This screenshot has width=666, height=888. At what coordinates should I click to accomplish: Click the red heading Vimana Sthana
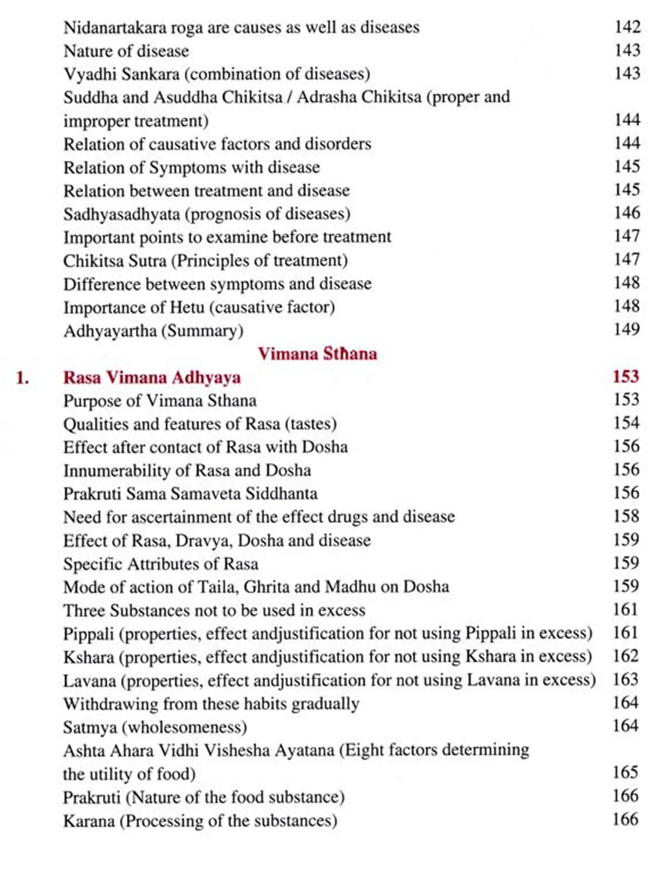pyautogui.click(x=317, y=354)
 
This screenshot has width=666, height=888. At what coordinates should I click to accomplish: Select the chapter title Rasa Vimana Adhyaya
pyautogui.click(x=152, y=377)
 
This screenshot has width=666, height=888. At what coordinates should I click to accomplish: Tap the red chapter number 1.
pyautogui.click(x=22, y=378)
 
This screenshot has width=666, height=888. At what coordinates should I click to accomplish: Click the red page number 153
pyautogui.click(x=626, y=377)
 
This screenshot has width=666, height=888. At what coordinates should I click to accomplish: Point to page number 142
pyautogui.click(x=627, y=27)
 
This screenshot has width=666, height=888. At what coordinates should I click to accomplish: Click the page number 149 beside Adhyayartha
pyautogui.click(x=626, y=329)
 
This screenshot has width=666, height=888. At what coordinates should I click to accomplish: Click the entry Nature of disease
pyautogui.click(x=126, y=51)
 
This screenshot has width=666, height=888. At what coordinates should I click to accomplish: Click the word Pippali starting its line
pyautogui.click(x=88, y=634)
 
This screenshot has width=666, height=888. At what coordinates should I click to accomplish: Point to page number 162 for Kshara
pyautogui.click(x=626, y=656)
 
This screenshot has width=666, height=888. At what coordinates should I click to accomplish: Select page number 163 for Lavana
pyautogui.click(x=626, y=679)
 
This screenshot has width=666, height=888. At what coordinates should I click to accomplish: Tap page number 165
pyautogui.click(x=625, y=773)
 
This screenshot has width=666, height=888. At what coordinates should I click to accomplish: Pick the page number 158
pyautogui.click(x=626, y=516)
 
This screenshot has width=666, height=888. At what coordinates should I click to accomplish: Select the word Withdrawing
pyautogui.click(x=111, y=704)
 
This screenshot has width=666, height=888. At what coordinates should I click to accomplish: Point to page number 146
pyautogui.click(x=626, y=213)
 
